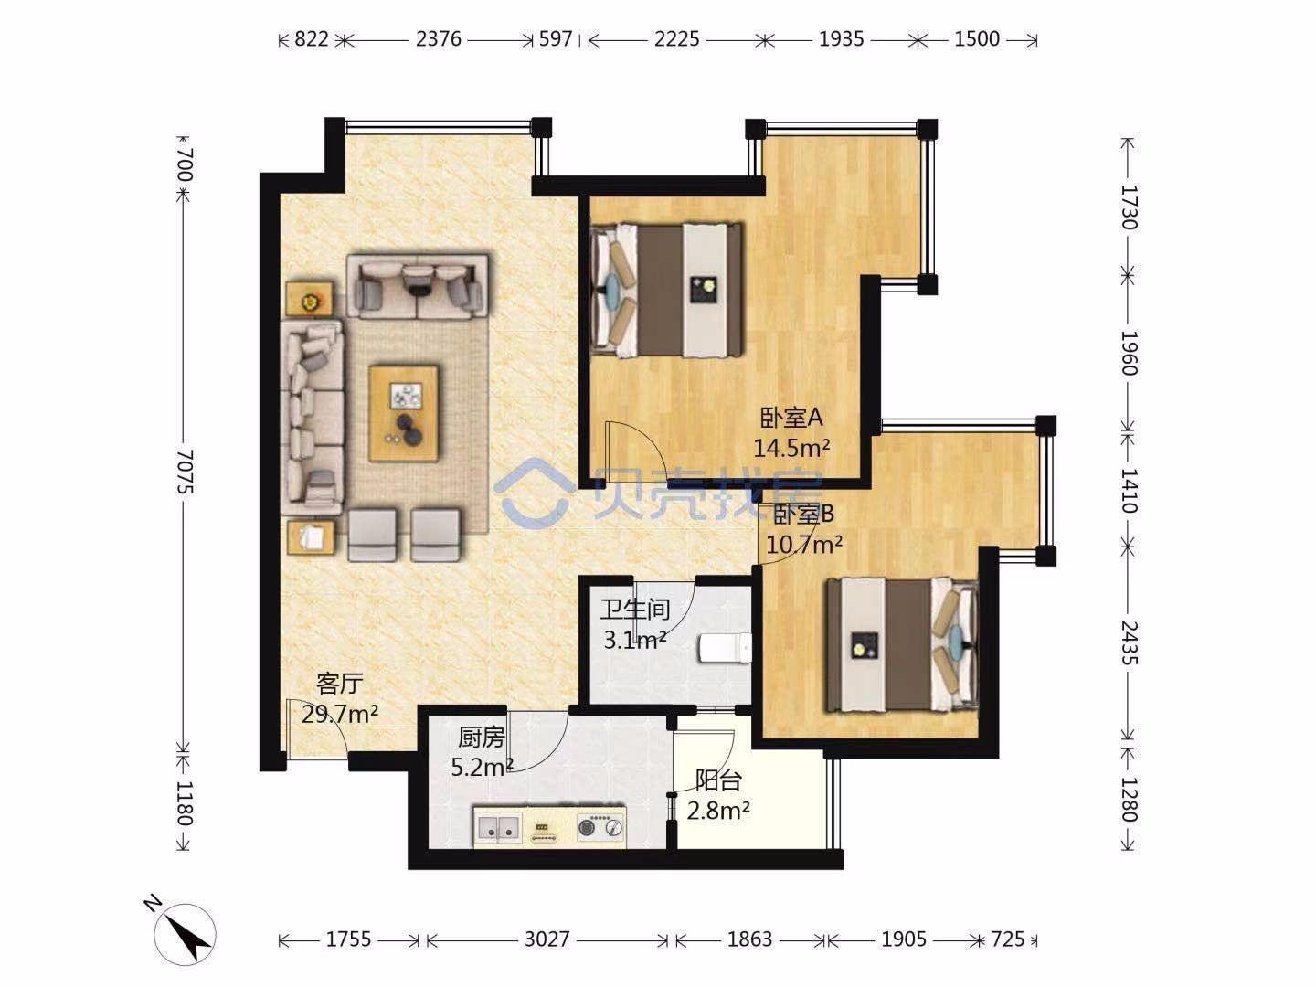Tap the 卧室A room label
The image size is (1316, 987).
pos(791,418)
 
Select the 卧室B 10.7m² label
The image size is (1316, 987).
pos(804,528)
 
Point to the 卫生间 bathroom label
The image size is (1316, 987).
pos(635,610)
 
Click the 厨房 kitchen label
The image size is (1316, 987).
pos(482,738)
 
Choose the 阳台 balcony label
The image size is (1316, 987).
pos(719,780)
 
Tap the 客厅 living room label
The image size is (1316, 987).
pos(340,683)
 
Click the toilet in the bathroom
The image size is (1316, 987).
pos(725,649)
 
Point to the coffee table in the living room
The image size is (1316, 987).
pos(404,413)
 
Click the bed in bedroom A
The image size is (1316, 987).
pos(667,290)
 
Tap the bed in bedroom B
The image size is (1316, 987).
pos(901,645)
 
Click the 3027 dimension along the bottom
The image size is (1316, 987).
pos(547,939)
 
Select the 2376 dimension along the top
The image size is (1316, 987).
pos(439,39)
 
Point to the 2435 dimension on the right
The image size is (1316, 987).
pos(1130,642)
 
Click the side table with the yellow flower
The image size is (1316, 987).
pos(310,299)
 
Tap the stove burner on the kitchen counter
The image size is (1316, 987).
pos(588,828)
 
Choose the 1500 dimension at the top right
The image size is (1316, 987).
pos(977,39)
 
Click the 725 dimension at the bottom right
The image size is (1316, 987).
pos(1008,939)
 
